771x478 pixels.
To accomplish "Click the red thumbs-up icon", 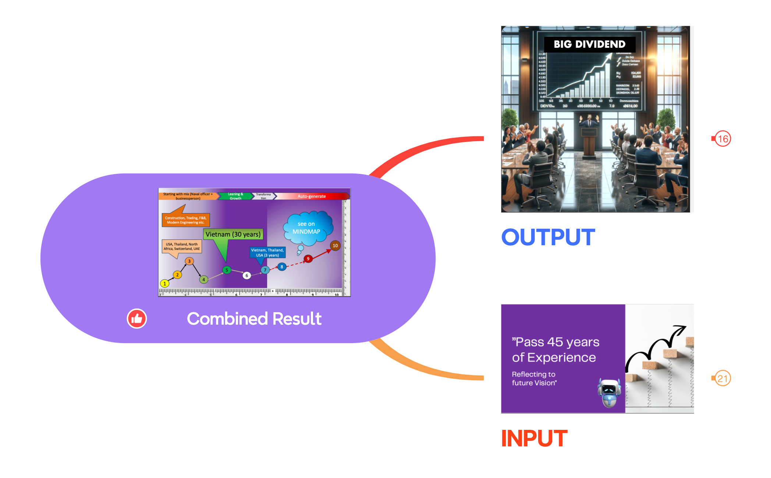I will pyautogui.click(x=137, y=318).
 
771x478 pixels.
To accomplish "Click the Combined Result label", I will pyautogui.click(x=254, y=319).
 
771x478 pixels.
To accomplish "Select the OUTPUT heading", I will pyautogui.click(x=548, y=237).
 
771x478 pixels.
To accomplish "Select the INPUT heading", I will pyautogui.click(x=534, y=438).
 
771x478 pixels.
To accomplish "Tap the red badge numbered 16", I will pyautogui.click(x=722, y=139).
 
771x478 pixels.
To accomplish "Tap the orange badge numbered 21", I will pyautogui.click(x=722, y=378).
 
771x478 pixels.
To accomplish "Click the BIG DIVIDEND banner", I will pyautogui.click(x=589, y=44).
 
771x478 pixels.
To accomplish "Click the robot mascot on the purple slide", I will pyautogui.click(x=609, y=393).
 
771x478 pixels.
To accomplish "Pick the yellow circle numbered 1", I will pyautogui.click(x=165, y=283).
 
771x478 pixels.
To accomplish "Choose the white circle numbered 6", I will pyautogui.click(x=247, y=275).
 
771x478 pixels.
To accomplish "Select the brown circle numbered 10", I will pyautogui.click(x=335, y=246).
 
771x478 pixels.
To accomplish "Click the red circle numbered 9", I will pyautogui.click(x=308, y=259).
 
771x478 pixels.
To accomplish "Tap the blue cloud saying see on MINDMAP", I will pyautogui.click(x=307, y=228).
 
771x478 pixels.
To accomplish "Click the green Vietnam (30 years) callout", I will pyautogui.click(x=233, y=235).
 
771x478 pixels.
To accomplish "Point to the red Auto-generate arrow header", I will pyautogui.click(x=312, y=196).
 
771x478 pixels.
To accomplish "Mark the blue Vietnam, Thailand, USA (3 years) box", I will pyautogui.click(x=267, y=253).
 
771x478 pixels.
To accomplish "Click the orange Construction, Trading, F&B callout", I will pyautogui.click(x=186, y=220).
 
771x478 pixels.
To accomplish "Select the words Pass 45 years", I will pyautogui.click(x=555, y=342).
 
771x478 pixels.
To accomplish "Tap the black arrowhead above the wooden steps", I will pyautogui.click(x=681, y=328).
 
